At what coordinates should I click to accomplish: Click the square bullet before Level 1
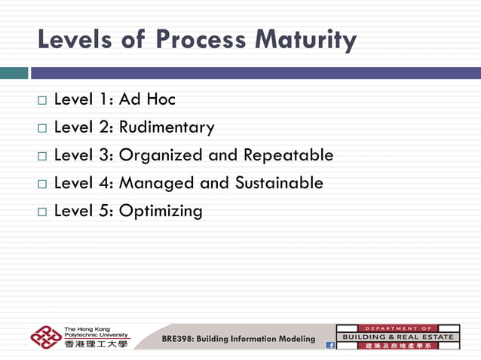point(42,100)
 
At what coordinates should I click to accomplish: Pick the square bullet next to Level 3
point(42,156)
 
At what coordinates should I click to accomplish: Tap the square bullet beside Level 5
point(42,212)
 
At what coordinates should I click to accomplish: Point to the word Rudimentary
point(167,127)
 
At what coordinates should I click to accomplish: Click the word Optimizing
point(161,212)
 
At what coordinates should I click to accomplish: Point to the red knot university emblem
point(46,337)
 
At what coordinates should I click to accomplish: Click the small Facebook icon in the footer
point(329,345)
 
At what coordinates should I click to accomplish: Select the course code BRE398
point(178,339)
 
